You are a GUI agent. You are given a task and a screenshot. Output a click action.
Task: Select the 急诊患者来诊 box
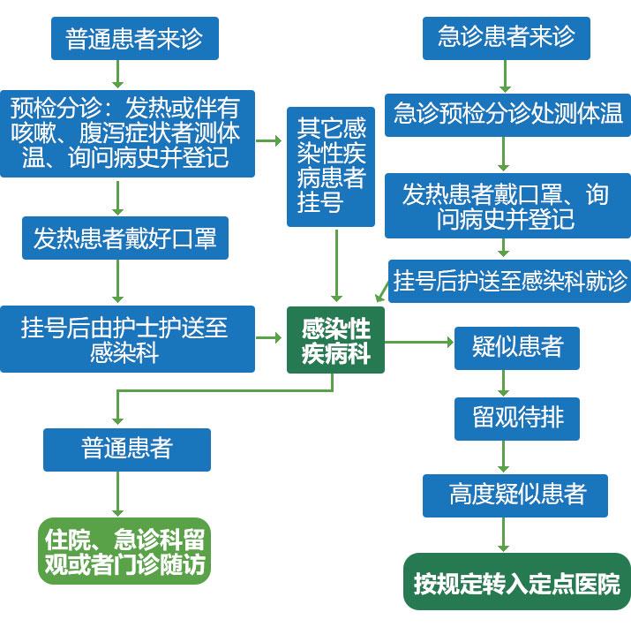[505, 37]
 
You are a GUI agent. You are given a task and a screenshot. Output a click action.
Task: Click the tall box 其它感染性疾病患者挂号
[331, 166]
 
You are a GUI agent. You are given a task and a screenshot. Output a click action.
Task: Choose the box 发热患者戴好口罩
[124, 238]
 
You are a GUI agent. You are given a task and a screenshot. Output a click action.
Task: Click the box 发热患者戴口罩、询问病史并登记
[505, 206]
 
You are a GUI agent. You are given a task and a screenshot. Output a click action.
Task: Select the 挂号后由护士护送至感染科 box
[126, 338]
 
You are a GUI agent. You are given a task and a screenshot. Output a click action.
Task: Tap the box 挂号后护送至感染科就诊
[509, 281]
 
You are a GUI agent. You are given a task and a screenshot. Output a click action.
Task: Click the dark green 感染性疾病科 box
[335, 340]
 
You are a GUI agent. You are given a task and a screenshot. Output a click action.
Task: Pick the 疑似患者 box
[516, 347]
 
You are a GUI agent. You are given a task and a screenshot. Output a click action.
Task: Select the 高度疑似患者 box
[515, 495]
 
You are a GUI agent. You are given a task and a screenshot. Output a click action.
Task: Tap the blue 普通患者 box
[127, 449]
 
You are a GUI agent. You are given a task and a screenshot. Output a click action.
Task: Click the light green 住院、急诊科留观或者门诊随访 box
[124, 551]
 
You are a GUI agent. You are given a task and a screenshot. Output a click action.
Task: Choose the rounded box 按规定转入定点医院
[516, 583]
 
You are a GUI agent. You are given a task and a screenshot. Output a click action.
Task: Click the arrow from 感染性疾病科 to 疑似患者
[420, 340]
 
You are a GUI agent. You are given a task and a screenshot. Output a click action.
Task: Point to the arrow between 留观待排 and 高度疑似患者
[505, 457]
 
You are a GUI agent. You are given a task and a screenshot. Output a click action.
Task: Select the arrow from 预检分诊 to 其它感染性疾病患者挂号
[270, 140]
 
